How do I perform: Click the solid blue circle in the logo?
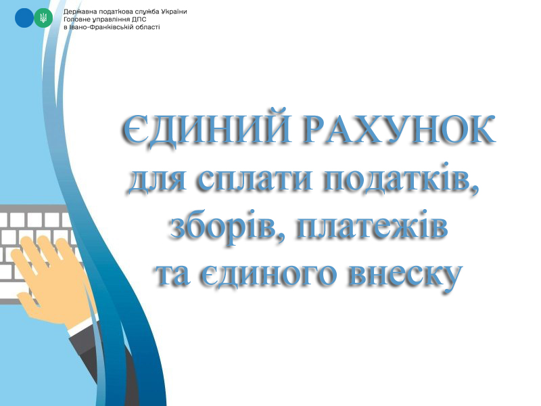(24, 18)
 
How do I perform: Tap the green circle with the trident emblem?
(43, 18)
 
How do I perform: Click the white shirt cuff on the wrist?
(80, 328)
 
